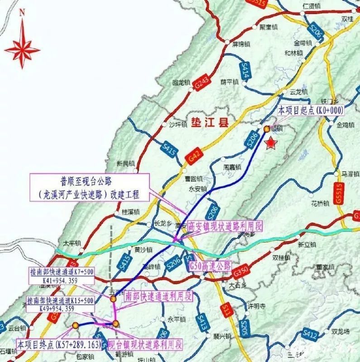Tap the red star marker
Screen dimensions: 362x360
pos(270,143)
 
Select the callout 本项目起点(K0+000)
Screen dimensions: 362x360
pos(312,110)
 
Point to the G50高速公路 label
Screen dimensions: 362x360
pos(210,265)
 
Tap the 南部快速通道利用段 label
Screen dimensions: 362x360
pos(158,296)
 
